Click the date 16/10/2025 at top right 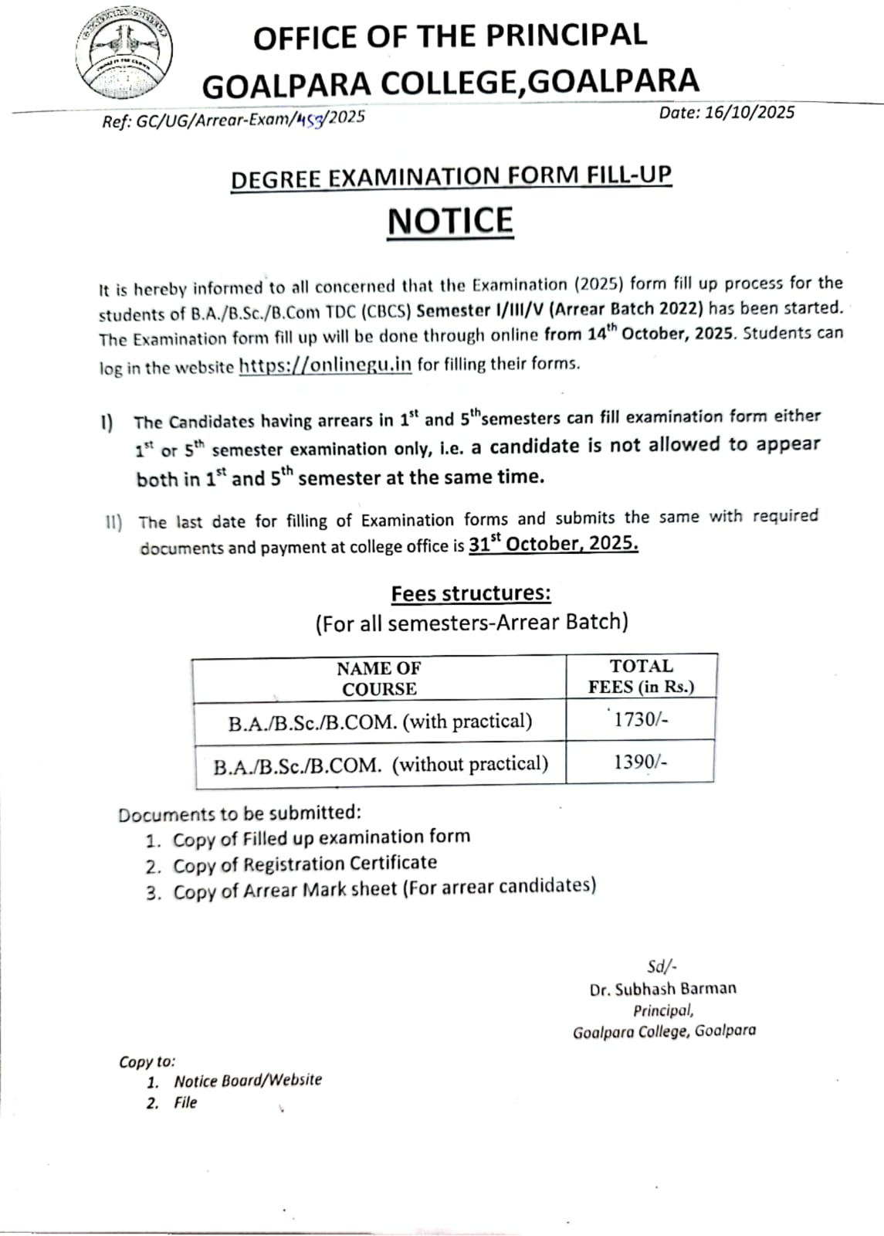(x=726, y=113)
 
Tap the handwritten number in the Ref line (x=312, y=118)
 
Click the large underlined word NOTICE (x=450, y=221)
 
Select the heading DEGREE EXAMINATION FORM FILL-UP (x=451, y=177)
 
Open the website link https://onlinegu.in (x=325, y=365)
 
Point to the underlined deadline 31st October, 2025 (x=554, y=544)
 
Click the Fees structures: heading (x=471, y=593)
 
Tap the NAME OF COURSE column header (x=379, y=678)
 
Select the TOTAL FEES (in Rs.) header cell (x=641, y=676)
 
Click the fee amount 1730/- (x=640, y=719)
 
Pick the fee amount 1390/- (x=640, y=762)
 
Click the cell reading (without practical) (x=381, y=765)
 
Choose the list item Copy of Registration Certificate (x=304, y=864)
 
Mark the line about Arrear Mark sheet (x=384, y=888)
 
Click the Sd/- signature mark (x=662, y=966)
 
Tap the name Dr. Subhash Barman (x=662, y=989)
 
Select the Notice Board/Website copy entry (x=247, y=1080)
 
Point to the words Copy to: (x=147, y=1061)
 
